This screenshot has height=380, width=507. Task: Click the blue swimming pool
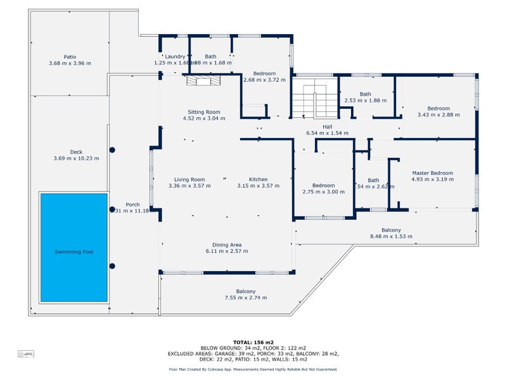coord(74,248)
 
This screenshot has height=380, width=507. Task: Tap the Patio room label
coord(70,56)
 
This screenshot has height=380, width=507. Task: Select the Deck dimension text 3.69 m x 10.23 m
coord(76,158)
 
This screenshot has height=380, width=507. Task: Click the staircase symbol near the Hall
coord(314,99)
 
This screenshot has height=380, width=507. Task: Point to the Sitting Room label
coord(203,111)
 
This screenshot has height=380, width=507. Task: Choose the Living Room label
coord(189,179)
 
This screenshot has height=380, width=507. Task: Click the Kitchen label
coord(258,179)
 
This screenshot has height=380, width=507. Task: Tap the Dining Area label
coord(226,244)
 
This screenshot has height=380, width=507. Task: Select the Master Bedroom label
coord(432,173)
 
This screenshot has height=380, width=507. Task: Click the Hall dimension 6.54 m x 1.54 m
coord(328,134)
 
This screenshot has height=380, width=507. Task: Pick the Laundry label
coord(174,56)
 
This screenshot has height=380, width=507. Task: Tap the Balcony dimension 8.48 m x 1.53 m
coord(391,237)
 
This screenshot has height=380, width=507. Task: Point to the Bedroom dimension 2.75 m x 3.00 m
coord(323,192)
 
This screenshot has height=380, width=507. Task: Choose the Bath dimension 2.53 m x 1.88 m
coord(365,101)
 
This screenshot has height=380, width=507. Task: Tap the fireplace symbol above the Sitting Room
coord(202,80)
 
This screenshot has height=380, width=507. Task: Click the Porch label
coord(132,204)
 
